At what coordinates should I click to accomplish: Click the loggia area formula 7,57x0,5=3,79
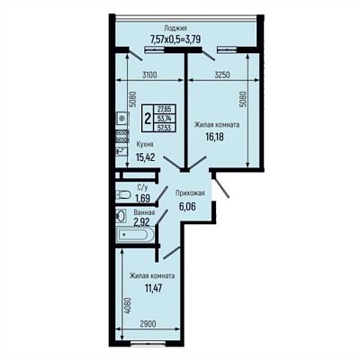tap(175, 39)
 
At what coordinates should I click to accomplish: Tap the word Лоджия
tap(175, 28)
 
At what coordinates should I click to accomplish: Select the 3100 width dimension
tap(149, 75)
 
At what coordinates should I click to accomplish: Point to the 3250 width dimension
tap(222, 75)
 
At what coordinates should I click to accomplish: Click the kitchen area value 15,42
tap(146, 157)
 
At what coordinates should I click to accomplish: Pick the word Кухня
tap(145, 144)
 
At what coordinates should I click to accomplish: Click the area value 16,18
tap(215, 137)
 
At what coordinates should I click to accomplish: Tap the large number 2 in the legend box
tap(148, 119)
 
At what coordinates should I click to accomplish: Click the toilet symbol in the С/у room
tap(123, 194)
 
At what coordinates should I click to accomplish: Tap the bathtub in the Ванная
tap(135, 235)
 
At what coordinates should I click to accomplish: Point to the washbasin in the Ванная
tap(121, 216)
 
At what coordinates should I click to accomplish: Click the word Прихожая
tap(190, 193)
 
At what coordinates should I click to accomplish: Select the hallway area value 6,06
tap(188, 206)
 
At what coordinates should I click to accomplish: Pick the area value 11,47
tap(154, 288)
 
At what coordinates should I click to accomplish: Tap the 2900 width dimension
tap(148, 324)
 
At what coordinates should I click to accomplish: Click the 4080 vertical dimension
tap(128, 306)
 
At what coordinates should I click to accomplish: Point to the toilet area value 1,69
tap(142, 198)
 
